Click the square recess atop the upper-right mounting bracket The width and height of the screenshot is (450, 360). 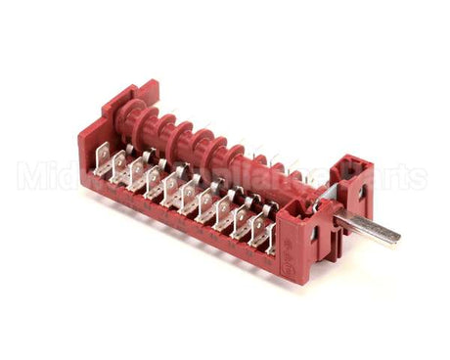click(348, 161)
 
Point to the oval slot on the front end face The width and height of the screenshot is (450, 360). click(313, 235)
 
